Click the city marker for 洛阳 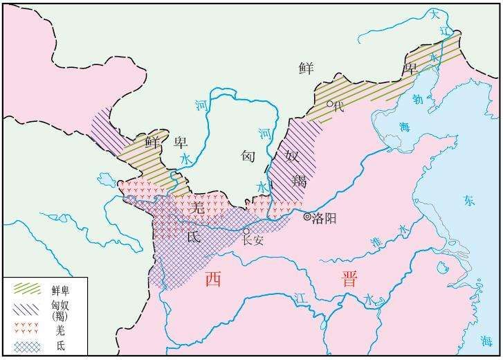[308, 217]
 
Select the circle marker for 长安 [246, 231]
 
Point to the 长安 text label [253, 241]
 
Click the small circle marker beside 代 [331, 105]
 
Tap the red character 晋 [350, 279]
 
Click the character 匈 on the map [249, 156]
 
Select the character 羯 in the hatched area [299, 181]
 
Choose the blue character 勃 [417, 98]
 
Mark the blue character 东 [469, 201]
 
